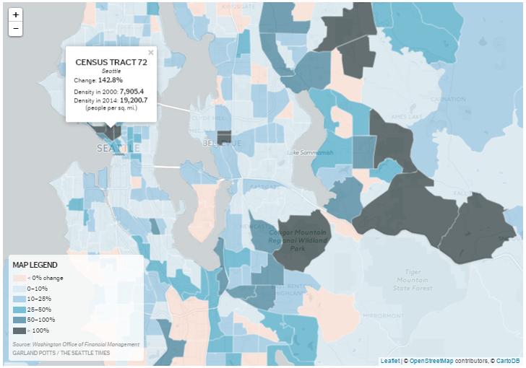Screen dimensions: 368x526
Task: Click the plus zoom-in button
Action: [x=16, y=14]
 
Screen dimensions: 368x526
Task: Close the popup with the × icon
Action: [x=151, y=53]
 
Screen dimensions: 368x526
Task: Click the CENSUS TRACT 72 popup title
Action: [x=111, y=63]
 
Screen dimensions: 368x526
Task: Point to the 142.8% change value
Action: [x=111, y=79]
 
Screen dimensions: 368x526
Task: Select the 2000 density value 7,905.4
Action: [x=131, y=92]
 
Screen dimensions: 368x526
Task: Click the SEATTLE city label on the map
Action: [x=118, y=148]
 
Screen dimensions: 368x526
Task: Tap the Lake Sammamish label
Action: [x=310, y=152]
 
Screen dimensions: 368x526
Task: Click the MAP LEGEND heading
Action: [x=35, y=265]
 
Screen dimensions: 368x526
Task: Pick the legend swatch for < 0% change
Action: [x=19, y=278]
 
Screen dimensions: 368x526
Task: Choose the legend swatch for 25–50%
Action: [x=19, y=309]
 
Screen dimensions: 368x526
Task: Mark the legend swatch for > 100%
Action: [x=19, y=330]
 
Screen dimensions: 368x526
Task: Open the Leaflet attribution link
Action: [x=390, y=361]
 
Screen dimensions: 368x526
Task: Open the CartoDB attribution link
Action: [x=509, y=361]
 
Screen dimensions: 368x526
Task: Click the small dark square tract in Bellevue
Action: [x=224, y=136]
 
